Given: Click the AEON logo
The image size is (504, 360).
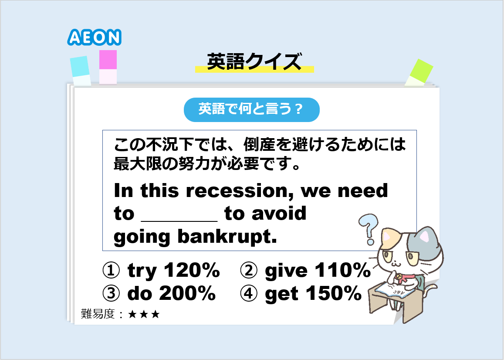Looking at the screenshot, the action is [94, 37].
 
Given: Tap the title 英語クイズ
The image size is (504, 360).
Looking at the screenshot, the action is [254, 61].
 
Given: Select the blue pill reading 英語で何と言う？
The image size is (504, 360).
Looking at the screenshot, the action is [252, 110].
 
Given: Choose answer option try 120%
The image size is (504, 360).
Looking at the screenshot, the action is [161, 270].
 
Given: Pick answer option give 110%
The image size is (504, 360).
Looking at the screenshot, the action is [305, 270].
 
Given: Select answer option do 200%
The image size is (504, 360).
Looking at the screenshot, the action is [159, 293].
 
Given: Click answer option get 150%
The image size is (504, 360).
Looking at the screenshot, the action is [301, 294].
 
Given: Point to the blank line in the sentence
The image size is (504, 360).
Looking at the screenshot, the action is [179, 221].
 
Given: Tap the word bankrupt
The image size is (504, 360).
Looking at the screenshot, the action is [227, 237].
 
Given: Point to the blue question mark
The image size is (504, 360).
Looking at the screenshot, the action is [369, 229].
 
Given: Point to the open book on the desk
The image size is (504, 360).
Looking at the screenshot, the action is [395, 290].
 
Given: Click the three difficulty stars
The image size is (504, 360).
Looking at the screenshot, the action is [144, 314].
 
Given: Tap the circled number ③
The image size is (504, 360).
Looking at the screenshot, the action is [111, 293].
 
